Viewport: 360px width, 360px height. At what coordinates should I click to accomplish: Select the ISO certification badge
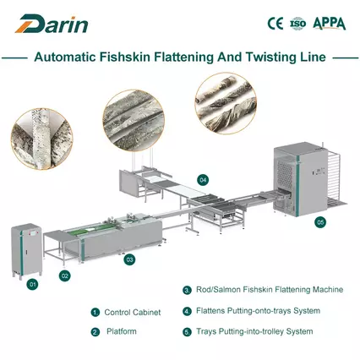point(297,23)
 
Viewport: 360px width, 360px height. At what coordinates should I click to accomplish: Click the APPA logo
point(330,23)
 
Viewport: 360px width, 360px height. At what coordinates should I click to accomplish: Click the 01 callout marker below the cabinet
point(32,285)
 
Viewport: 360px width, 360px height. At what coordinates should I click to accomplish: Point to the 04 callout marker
point(203,180)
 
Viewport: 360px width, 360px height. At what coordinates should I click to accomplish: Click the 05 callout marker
point(319,221)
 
